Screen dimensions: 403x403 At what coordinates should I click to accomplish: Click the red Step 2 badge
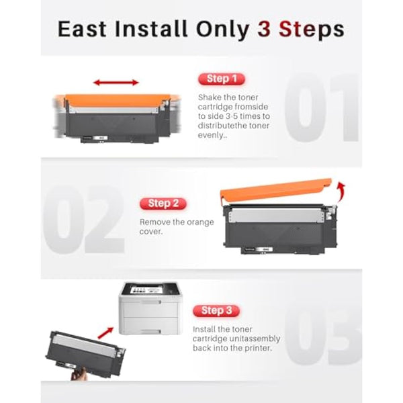163,203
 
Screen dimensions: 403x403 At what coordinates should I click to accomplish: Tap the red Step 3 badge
217,310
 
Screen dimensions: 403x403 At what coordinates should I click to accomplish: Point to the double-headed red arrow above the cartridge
116,83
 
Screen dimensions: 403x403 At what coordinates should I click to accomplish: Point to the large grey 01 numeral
322,111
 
